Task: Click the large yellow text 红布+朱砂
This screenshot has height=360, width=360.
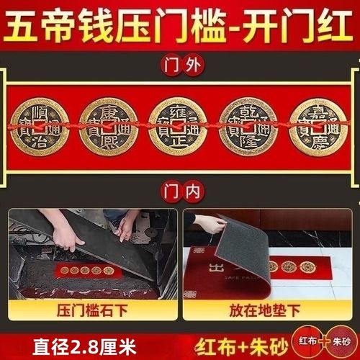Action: [x=247, y=344]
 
